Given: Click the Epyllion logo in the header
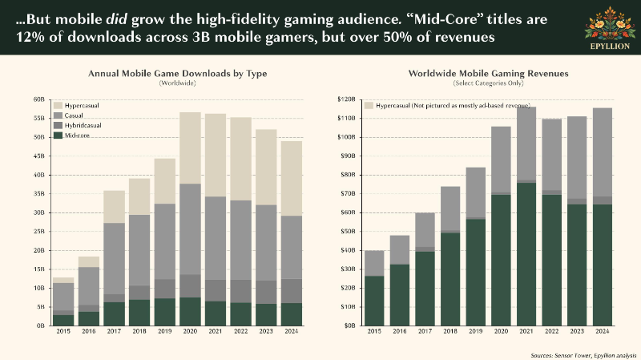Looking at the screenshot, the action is pos(610,28).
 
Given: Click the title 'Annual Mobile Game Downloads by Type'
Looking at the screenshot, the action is pos(177,74).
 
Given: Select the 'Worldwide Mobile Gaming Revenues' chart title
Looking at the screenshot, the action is pos(488,74).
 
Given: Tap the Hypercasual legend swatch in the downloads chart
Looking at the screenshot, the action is pos(58,106).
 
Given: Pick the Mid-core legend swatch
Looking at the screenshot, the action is pos(58,136).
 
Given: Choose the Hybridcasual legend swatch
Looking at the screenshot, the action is pos(58,126).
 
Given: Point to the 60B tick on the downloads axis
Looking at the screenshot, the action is pos(38,99).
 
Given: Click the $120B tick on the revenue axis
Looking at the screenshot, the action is pos(346,99).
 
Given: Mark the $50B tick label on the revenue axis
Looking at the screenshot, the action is pos(348,232).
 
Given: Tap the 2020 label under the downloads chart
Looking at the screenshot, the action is pos(190,331).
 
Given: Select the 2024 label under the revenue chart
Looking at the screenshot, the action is pos(603,331).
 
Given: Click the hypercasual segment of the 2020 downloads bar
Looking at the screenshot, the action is pos(190,148).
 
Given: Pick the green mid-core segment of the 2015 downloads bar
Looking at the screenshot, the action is pos(63,321).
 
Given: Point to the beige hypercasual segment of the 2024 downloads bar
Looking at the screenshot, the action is pos(292,178).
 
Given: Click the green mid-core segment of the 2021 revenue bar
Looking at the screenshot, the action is pos(526,254).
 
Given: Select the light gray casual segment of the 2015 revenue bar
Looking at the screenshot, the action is pos(374,264).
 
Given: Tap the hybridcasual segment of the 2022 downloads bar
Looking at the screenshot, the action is pos(241,291).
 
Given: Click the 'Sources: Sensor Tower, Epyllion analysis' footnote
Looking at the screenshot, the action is pos(583,355).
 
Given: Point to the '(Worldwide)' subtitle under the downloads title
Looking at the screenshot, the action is pos(177,83).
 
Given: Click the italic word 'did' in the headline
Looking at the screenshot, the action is pos(117,19).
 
